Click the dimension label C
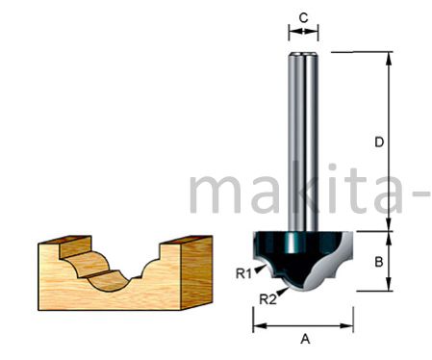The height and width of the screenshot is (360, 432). [303, 18]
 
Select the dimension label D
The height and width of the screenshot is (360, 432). [379, 141]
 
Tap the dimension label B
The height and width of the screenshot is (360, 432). [379, 262]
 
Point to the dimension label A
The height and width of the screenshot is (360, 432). [305, 339]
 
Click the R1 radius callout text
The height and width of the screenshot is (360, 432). [243, 273]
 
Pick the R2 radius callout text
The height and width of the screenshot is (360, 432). [267, 299]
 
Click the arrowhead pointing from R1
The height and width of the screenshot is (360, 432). [261, 269]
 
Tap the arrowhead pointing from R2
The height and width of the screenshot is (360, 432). [283, 292]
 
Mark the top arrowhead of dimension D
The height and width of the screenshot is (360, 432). [389, 59]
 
